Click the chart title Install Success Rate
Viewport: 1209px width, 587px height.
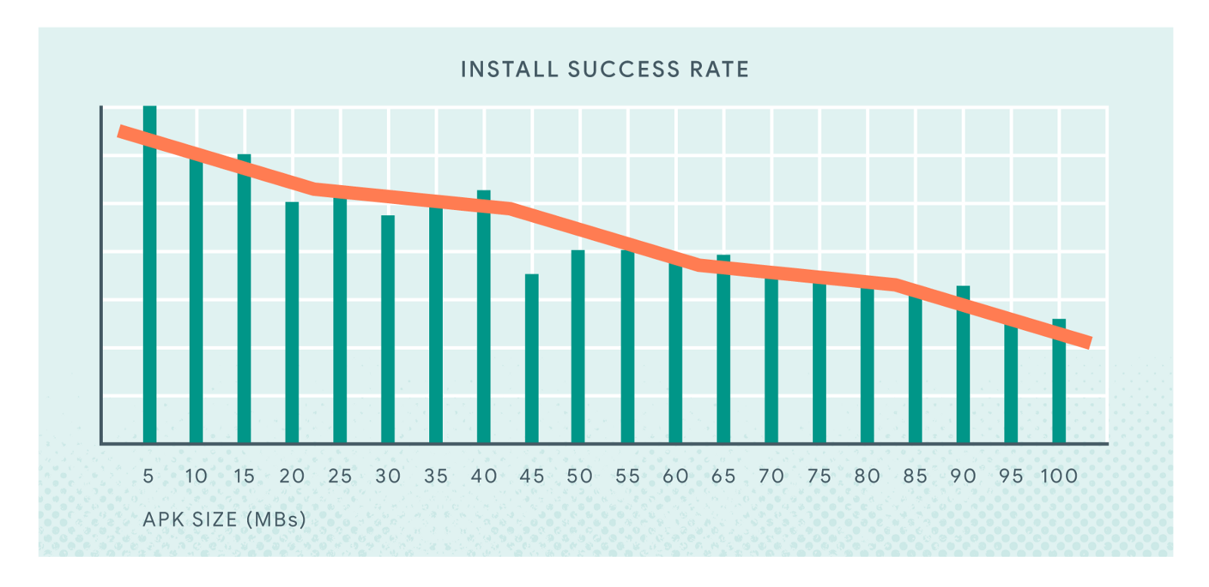(x=604, y=70)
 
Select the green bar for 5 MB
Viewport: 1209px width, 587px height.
(x=150, y=302)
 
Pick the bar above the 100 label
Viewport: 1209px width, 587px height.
(x=1059, y=385)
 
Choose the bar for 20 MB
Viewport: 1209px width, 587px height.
(x=292, y=325)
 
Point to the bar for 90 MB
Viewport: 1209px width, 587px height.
(x=963, y=370)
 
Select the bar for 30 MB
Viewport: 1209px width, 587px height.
(x=388, y=332)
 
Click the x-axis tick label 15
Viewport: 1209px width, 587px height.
(x=244, y=477)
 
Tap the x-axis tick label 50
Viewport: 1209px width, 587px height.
(x=580, y=477)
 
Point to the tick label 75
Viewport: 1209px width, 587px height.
(x=819, y=477)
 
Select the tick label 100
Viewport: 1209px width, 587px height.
(x=1059, y=477)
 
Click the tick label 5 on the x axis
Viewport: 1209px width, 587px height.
(x=148, y=477)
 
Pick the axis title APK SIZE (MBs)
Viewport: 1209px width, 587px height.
(x=224, y=520)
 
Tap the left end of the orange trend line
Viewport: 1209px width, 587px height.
(x=121, y=131)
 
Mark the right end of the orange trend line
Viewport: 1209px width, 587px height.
(x=1089, y=343)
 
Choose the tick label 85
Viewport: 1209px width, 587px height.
(x=915, y=477)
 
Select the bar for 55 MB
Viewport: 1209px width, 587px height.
(x=627, y=348)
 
